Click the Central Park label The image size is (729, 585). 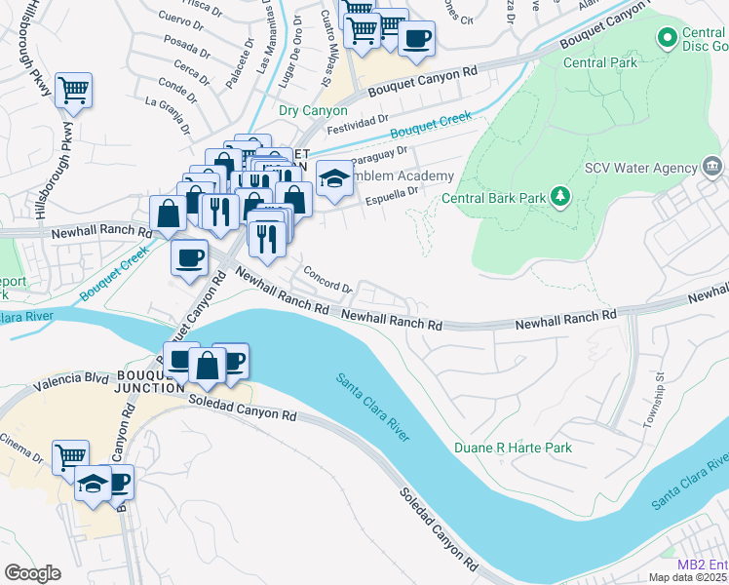(600, 62)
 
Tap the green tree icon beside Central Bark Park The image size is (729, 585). (560, 198)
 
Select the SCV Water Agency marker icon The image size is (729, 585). (711, 167)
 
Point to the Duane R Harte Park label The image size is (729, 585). (513, 448)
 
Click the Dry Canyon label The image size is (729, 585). (313, 110)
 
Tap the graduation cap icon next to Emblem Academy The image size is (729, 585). (333, 179)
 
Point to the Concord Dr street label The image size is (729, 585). (326, 280)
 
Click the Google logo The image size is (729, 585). (32, 573)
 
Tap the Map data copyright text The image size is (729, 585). (688, 577)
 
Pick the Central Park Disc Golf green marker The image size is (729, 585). (668, 38)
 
